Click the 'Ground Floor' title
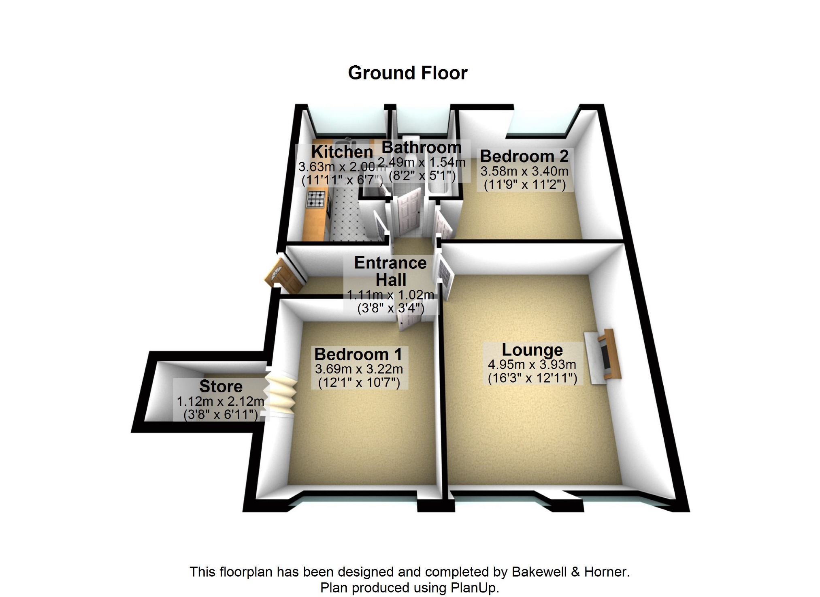[407, 73]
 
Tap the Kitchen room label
[342, 152]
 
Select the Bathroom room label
[421, 148]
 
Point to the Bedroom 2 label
[524, 156]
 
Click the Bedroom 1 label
[358, 354]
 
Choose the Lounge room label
[532, 350]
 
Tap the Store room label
[221, 386]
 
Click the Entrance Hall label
[390, 272]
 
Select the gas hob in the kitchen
[316, 199]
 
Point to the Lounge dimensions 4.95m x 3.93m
[532, 365]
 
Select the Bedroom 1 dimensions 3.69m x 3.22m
[359, 369]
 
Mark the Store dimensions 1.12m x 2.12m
[220, 402]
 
